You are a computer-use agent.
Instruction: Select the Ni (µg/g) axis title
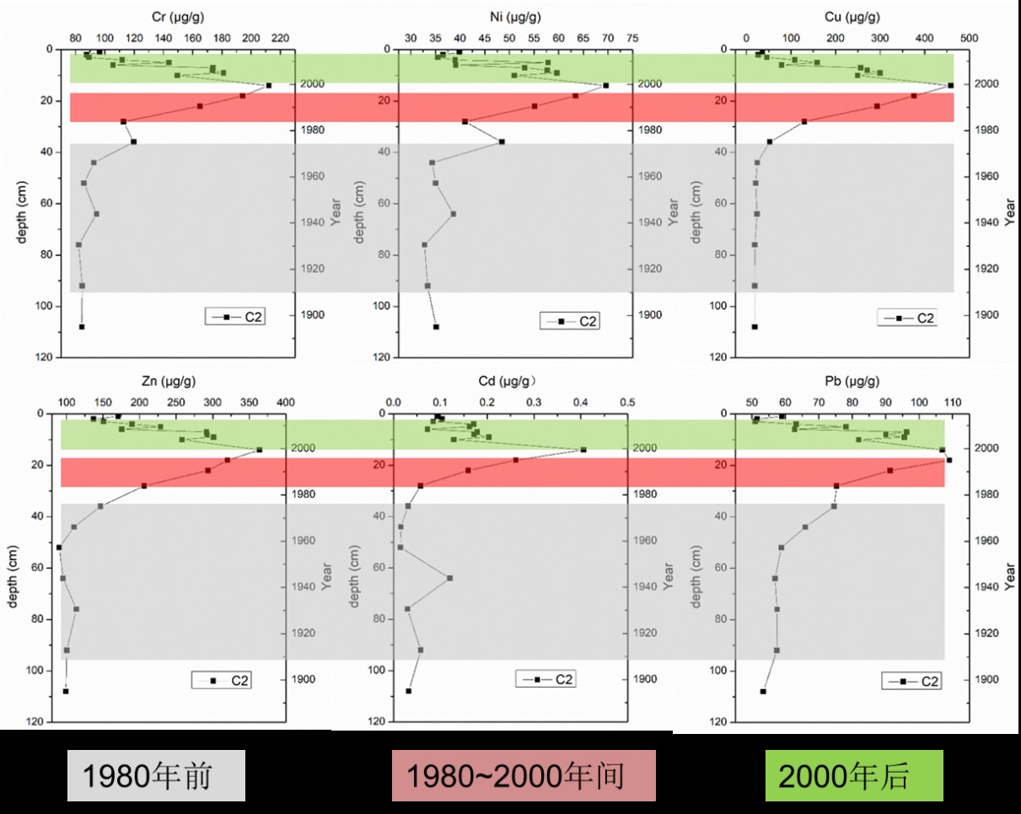coord(515,16)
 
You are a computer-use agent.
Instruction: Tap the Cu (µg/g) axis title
coord(852,16)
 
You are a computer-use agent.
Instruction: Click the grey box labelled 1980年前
coord(156,776)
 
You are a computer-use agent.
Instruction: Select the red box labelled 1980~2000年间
coord(524,776)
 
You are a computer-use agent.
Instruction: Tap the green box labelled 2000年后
coord(853,776)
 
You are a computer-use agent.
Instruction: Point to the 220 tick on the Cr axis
coord(280,39)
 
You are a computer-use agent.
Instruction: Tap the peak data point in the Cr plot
coord(269,85)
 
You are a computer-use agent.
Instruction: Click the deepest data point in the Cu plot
coord(755,327)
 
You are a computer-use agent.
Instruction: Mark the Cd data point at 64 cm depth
coord(449,578)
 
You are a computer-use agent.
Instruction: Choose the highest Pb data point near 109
coord(948,460)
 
